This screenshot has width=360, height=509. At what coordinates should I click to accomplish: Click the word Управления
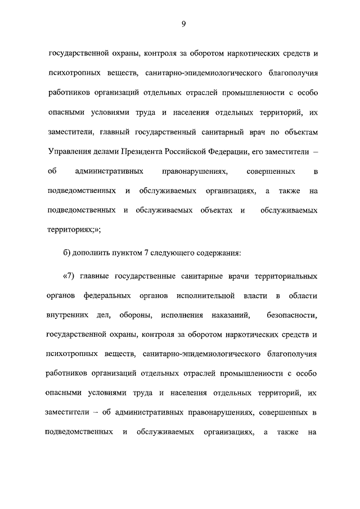click(x=70, y=151)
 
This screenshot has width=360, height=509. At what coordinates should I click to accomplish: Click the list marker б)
click(x=67, y=253)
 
